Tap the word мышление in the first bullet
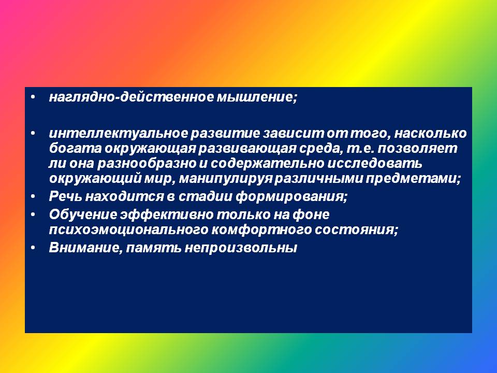pos(257,97)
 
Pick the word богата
pos(76,149)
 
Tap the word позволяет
pos(418,149)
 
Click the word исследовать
pos(375,164)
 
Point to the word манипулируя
pos(226,179)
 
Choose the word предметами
pos(413,179)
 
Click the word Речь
pos(66,197)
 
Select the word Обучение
pos(83,214)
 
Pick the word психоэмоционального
pos(128,229)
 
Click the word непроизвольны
pos(241,248)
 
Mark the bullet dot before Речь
pos(33,197)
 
